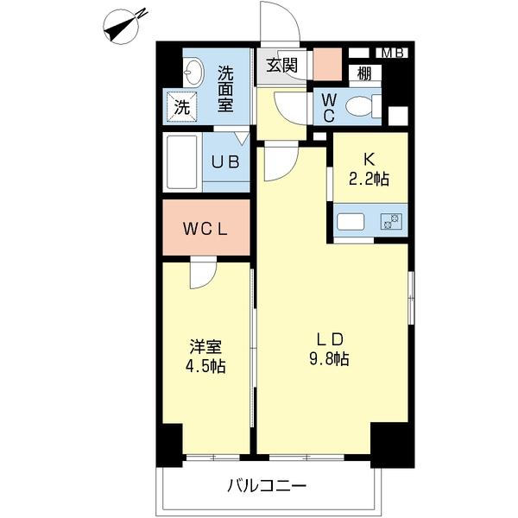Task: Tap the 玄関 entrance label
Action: [281, 64]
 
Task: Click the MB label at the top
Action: [393, 53]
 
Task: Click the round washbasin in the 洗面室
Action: [193, 70]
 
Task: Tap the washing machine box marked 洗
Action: [181, 108]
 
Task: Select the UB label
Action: [227, 161]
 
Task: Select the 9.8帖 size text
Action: [330, 359]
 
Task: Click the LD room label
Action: [330, 338]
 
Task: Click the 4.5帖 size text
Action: [206, 367]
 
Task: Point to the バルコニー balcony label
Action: [267, 486]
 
